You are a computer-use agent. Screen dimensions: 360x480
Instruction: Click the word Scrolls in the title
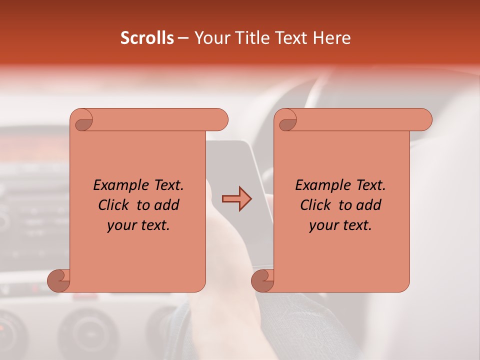[147, 38]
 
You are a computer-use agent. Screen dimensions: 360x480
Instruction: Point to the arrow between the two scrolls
[236, 199]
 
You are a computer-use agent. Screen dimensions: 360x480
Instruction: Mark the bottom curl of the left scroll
[59, 280]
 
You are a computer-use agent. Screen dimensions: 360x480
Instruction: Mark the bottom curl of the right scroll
[262, 280]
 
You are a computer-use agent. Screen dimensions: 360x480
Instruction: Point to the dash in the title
[183, 38]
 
